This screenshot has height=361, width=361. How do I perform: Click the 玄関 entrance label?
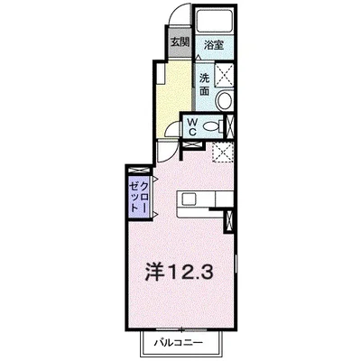click(178, 42)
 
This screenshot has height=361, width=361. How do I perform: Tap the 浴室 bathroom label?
click(213, 43)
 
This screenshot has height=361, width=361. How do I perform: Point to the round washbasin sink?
click(225, 100)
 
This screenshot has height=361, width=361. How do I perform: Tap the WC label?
click(191, 126)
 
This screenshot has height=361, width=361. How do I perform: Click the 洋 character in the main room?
click(154, 270)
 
